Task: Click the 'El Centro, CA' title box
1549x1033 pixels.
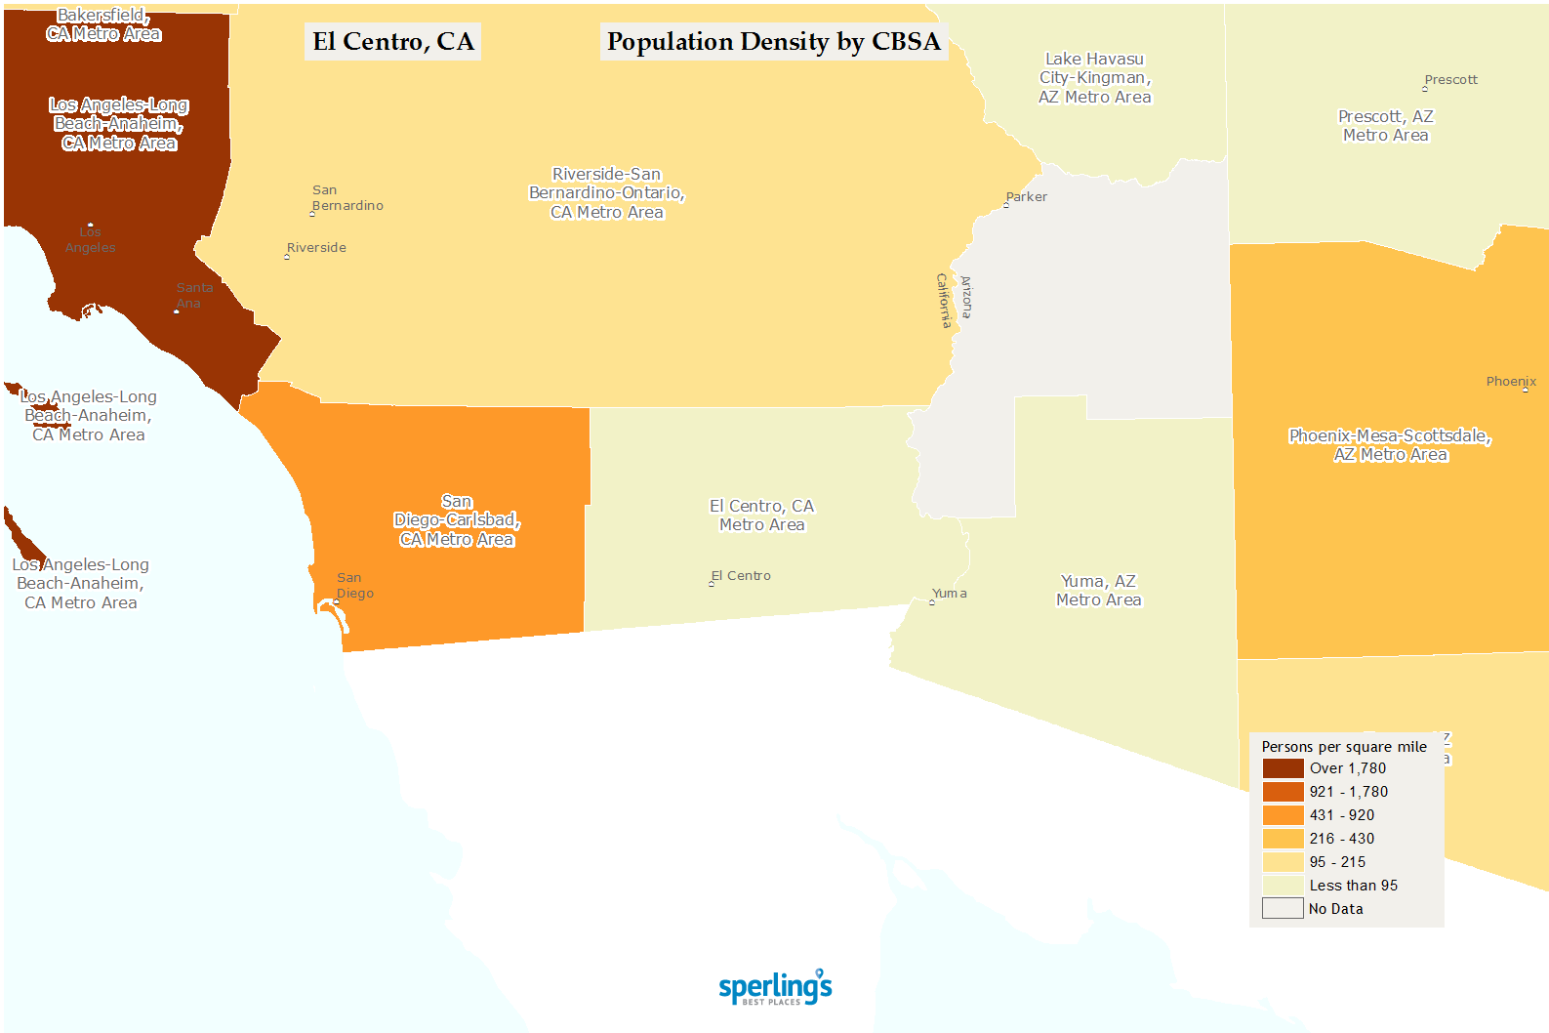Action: (x=392, y=42)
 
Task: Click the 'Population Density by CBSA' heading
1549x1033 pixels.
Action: (x=773, y=42)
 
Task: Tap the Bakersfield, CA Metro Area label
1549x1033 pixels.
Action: (x=103, y=25)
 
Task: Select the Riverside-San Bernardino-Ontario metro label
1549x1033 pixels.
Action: (x=606, y=193)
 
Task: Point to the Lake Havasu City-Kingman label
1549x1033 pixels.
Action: (x=1094, y=78)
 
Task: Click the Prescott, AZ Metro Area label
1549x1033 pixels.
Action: (x=1385, y=126)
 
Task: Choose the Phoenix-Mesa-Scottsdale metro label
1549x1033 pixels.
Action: (x=1390, y=445)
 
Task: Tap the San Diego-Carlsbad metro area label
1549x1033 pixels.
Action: (x=457, y=520)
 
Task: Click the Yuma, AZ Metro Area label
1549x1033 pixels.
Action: (x=1098, y=591)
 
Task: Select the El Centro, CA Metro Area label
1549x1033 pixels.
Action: (x=761, y=516)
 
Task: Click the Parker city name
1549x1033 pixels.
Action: (x=1026, y=197)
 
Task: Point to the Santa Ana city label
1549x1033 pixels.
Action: (x=193, y=295)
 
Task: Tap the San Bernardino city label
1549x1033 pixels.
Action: (x=346, y=198)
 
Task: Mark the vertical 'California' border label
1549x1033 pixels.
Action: (x=944, y=300)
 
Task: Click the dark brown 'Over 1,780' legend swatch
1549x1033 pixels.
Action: (x=1283, y=768)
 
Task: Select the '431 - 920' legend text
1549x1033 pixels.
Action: (x=1341, y=815)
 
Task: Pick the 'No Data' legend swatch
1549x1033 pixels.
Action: (x=1283, y=909)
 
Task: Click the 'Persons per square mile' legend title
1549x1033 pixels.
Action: (x=1343, y=747)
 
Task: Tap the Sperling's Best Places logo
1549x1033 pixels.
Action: (x=775, y=987)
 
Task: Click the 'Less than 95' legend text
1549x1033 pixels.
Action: (x=1353, y=886)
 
